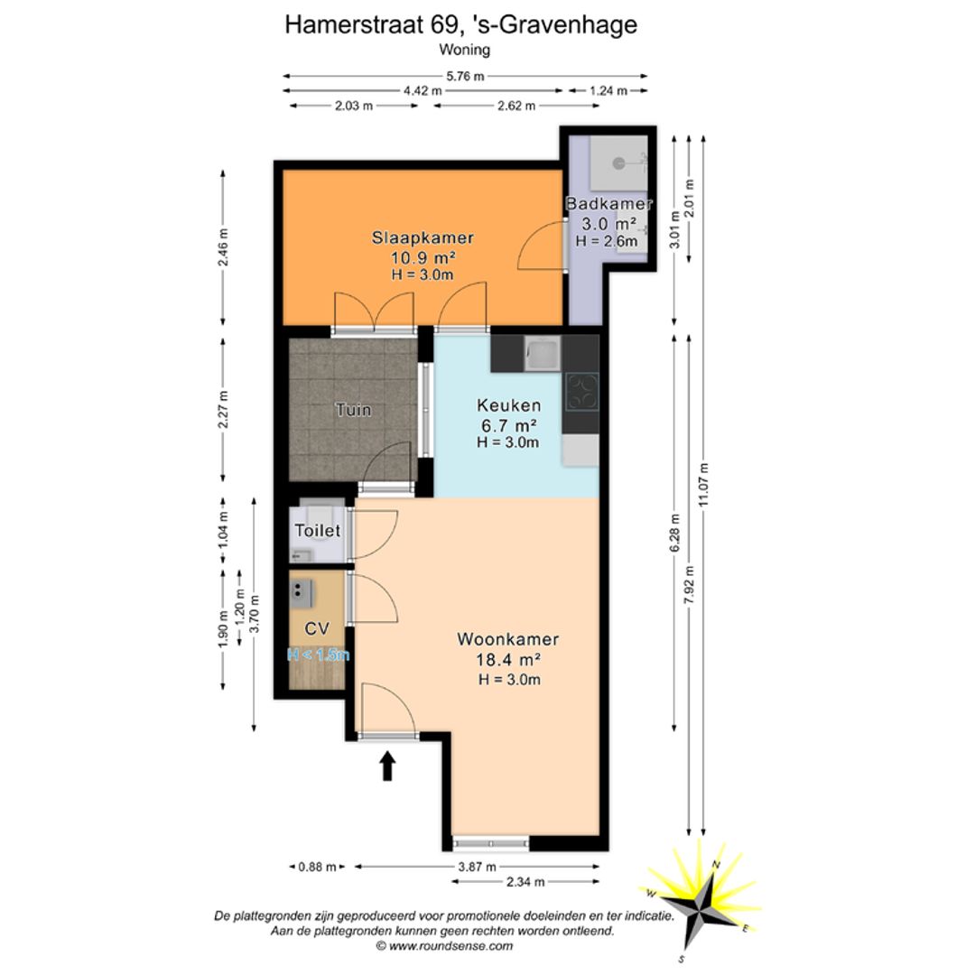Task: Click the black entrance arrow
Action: point(388,766)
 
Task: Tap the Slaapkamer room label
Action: point(422,237)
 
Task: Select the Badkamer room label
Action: point(608,203)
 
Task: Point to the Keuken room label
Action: point(508,405)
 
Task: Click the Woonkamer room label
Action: point(508,639)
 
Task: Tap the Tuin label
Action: point(353,410)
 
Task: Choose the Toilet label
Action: point(318,531)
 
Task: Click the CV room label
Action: point(317,628)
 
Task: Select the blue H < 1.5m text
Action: point(319,655)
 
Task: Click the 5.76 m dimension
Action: point(465,77)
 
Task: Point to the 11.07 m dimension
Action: point(703,485)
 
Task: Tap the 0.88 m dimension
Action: point(317,867)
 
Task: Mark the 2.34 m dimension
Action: point(525,882)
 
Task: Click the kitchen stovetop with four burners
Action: point(582,392)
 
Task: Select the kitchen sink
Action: point(543,354)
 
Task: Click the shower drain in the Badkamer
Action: point(618,163)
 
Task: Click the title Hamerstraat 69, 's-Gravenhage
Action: point(460,25)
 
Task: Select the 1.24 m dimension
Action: point(608,91)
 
